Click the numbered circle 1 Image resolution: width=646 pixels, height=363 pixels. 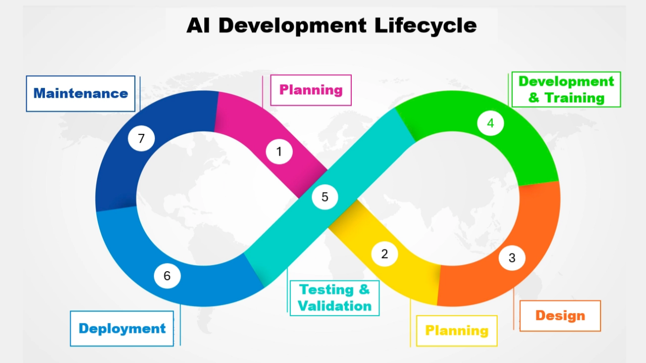point(279,151)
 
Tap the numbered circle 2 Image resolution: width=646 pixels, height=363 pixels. point(385,254)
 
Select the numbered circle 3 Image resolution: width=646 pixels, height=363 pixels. point(512,258)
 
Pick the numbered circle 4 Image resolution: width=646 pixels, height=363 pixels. point(490,123)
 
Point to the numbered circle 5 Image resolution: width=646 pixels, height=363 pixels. point(325,197)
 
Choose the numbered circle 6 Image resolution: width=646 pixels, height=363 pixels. point(167,276)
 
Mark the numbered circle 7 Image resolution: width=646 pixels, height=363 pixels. point(141,138)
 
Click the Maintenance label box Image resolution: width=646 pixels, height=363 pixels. point(81,93)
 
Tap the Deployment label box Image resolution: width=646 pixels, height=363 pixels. point(122,329)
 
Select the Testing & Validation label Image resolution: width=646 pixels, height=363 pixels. point(335,298)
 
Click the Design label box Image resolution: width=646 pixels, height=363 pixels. point(560,316)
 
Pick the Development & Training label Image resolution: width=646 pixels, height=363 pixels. point(566,89)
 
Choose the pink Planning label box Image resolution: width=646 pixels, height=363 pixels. point(311,90)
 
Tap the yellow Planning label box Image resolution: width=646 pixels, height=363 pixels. point(457,331)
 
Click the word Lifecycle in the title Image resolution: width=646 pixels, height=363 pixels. point(425,25)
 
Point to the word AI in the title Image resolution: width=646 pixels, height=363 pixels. point(198,25)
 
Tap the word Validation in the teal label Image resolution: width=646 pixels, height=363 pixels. point(335,306)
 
